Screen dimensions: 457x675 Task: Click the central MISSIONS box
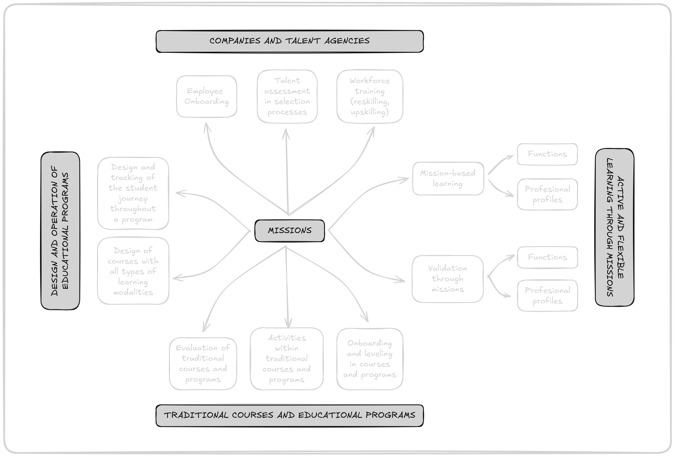click(x=289, y=231)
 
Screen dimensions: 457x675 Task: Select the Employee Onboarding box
click(x=207, y=96)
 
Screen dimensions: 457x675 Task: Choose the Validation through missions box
click(x=448, y=279)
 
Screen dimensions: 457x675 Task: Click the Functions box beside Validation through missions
click(x=547, y=257)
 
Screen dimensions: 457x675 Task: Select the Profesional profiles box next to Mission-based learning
click(x=547, y=194)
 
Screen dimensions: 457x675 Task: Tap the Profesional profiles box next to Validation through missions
click(x=547, y=296)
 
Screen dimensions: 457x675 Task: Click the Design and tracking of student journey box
click(x=133, y=193)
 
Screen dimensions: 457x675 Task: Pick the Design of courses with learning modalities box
click(x=133, y=271)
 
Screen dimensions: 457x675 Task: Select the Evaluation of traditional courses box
click(x=203, y=363)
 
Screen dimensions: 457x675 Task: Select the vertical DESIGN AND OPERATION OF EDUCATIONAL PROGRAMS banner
click(x=60, y=231)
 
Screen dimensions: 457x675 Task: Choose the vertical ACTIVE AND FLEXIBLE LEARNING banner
click(x=614, y=227)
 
